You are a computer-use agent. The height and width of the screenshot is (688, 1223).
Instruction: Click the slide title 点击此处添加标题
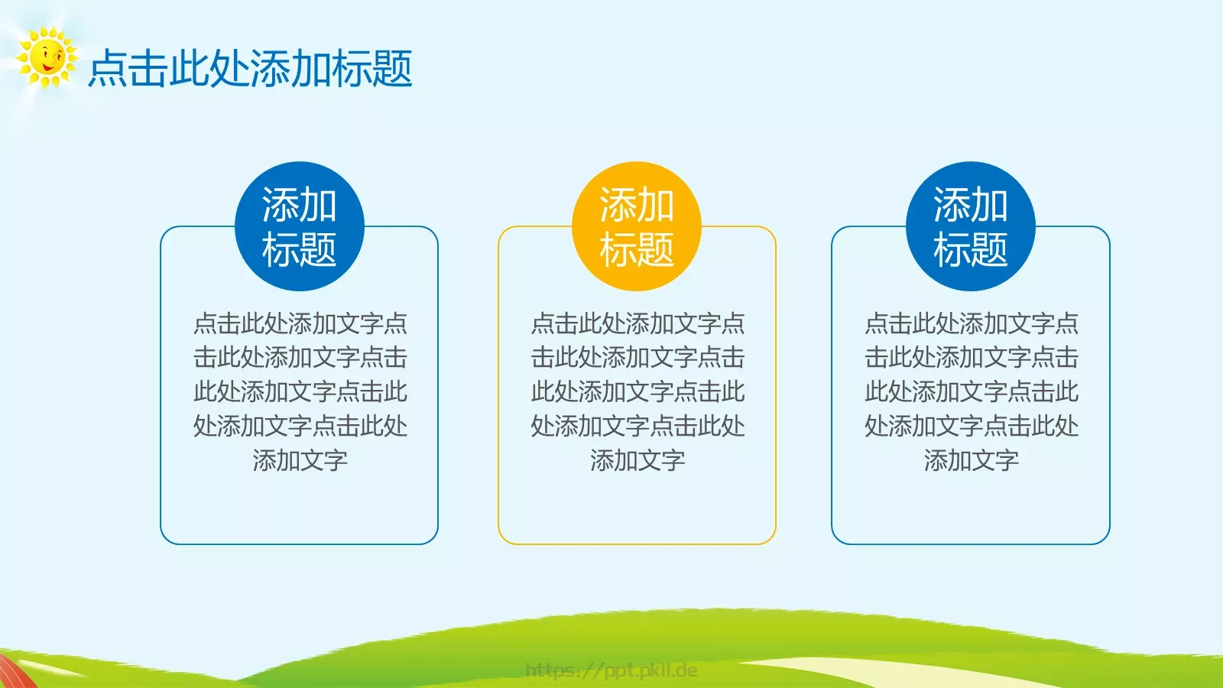pyautogui.click(x=250, y=69)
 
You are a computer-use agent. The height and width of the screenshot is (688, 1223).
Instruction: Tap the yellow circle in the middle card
pyautogui.click(x=637, y=226)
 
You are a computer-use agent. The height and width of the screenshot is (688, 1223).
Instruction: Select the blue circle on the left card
pyautogui.click(x=299, y=226)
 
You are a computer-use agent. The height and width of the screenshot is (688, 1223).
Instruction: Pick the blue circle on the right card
pyautogui.click(x=970, y=226)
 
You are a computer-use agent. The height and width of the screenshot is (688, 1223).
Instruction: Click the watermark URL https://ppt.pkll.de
pyautogui.click(x=611, y=670)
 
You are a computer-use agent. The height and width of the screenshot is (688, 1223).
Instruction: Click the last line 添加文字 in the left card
pyautogui.click(x=300, y=460)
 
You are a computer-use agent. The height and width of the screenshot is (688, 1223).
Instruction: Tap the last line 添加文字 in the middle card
pyautogui.click(x=637, y=460)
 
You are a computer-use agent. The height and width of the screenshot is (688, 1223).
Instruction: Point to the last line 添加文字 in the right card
pyautogui.click(x=971, y=460)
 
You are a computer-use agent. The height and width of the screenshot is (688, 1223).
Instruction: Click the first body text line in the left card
pyautogui.click(x=300, y=323)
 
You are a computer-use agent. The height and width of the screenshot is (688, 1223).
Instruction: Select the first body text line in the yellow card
pyautogui.click(x=637, y=323)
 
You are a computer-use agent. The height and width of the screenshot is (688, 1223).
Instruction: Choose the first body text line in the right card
pyautogui.click(x=971, y=323)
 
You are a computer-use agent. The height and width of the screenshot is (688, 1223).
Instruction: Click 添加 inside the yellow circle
pyautogui.click(x=637, y=205)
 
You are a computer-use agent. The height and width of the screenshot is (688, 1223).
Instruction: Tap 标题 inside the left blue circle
pyautogui.click(x=299, y=250)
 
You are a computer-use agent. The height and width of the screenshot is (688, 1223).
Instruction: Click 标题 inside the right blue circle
pyautogui.click(x=970, y=250)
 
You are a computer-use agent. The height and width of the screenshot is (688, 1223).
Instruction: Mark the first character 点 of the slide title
pyautogui.click(x=108, y=69)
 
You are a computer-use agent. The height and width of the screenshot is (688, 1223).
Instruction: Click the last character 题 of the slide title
pyautogui.click(x=393, y=69)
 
